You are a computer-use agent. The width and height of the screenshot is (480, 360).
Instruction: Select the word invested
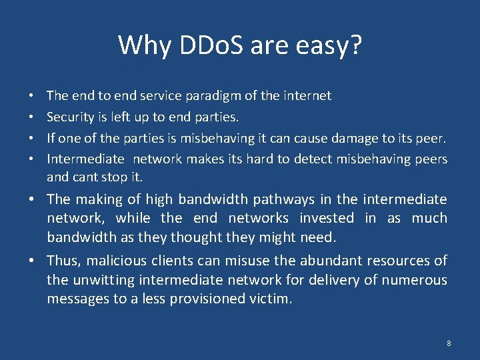[x=327, y=218]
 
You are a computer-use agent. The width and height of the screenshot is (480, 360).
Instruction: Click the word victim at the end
[x=271, y=299]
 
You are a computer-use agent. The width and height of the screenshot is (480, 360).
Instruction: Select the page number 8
[x=449, y=343]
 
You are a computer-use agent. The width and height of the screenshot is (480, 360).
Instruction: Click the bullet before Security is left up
[x=33, y=117]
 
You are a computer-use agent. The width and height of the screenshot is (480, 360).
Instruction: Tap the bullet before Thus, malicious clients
[x=33, y=261]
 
